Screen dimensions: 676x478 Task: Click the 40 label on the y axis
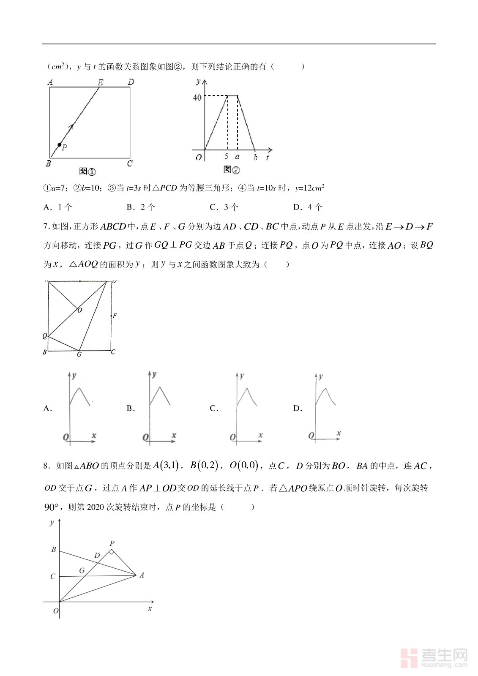197,98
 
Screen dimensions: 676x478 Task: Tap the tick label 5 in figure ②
227,157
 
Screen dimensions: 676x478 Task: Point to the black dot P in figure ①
60,144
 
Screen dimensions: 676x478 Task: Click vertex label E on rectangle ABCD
101,82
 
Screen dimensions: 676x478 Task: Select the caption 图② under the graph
231,170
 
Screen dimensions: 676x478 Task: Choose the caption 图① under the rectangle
87,171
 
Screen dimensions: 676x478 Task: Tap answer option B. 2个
141,207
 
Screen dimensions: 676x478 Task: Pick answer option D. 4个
308,207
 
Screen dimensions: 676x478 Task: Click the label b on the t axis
255,158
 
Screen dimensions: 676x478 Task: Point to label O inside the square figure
80,310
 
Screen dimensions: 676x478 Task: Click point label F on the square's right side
115,316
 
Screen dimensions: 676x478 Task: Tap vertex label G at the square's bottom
79,354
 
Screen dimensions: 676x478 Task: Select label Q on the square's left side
45,336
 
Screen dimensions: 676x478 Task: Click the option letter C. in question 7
214,408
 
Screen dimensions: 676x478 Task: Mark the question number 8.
46,466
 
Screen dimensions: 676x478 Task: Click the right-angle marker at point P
111,551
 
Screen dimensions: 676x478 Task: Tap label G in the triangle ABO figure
82,570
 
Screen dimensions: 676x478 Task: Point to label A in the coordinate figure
142,575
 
